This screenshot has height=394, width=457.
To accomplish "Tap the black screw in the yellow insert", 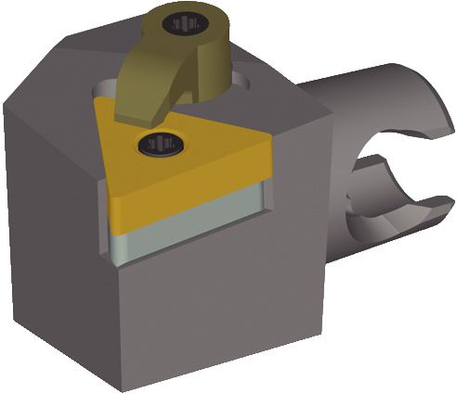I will tap(157, 143).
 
